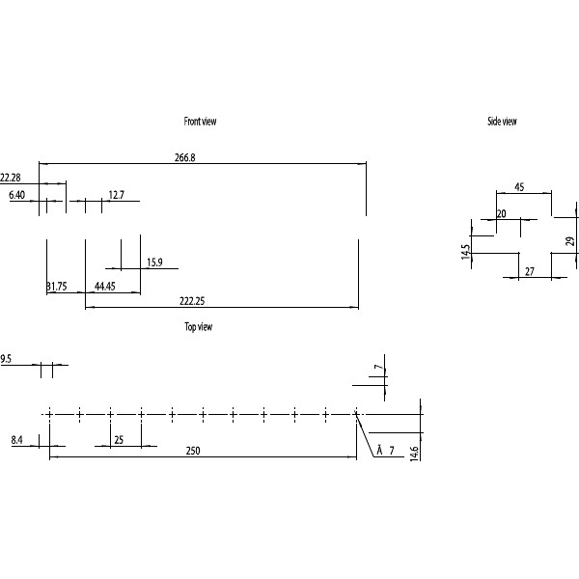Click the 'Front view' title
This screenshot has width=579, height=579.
click(x=201, y=122)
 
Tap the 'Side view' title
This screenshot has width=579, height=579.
click(x=502, y=122)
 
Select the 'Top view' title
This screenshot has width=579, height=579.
click(x=199, y=327)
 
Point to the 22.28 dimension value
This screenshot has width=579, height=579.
click(x=11, y=178)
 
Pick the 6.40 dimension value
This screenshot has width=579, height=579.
click(x=16, y=195)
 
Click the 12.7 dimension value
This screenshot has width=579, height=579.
click(x=117, y=195)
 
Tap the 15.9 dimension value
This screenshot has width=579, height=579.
click(x=154, y=262)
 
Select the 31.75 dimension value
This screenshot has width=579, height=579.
click(x=56, y=287)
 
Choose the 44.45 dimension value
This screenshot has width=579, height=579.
click(x=105, y=287)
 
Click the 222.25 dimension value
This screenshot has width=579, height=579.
click(x=193, y=301)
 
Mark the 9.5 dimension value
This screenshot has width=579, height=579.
click(x=6, y=359)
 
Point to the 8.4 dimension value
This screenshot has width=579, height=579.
click(x=17, y=440)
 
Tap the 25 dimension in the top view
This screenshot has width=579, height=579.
click(x=118, y=440)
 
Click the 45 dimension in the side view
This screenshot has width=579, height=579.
click(x=519, y=187)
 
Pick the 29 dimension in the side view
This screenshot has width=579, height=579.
click(x=569, y=241)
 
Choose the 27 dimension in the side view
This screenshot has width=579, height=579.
click(x=529, y=273)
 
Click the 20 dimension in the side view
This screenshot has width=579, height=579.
click(x=502, y=214)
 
